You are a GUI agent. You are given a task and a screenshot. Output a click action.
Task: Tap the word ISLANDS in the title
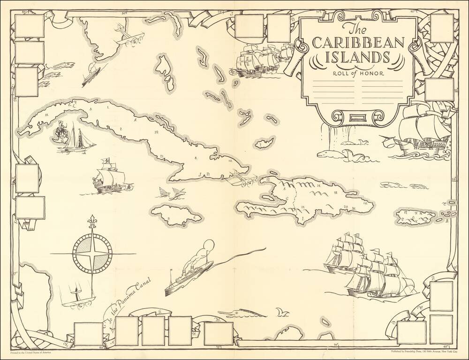coord(358,59)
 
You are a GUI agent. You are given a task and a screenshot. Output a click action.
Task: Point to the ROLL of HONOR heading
coord(358,73)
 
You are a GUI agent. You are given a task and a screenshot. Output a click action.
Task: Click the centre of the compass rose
coord(93,254)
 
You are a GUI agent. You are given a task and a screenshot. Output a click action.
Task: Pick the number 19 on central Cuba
coord(156,133)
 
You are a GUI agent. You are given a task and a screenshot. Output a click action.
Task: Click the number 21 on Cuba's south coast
coord(161,156)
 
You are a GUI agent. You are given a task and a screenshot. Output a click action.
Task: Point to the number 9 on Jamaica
coord(167,218)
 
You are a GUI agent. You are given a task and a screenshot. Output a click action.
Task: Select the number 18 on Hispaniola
coord(336,193)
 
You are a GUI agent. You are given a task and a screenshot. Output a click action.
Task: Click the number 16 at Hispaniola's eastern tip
coord(364,203)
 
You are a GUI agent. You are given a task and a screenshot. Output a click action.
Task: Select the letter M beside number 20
coord(354,207)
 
